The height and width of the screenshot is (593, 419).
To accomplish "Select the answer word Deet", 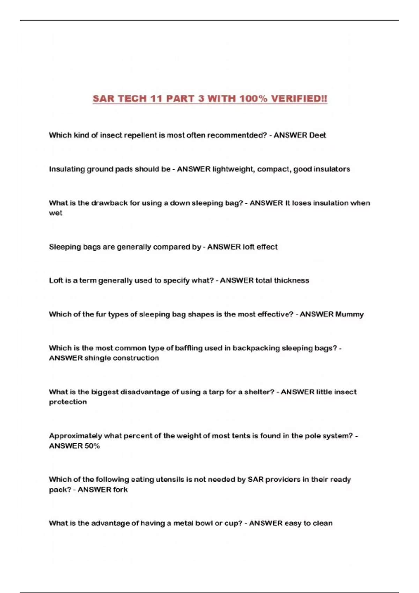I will (317, 135).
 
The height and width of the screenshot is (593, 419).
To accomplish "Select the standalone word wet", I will (56, 213).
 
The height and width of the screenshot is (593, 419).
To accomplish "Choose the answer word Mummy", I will (349, 314).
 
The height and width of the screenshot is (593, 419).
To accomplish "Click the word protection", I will (68, 402).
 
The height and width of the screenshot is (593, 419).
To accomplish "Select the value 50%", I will (92, 446).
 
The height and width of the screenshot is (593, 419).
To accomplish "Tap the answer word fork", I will (120, 490).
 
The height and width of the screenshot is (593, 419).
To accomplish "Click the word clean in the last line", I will (323, 523).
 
